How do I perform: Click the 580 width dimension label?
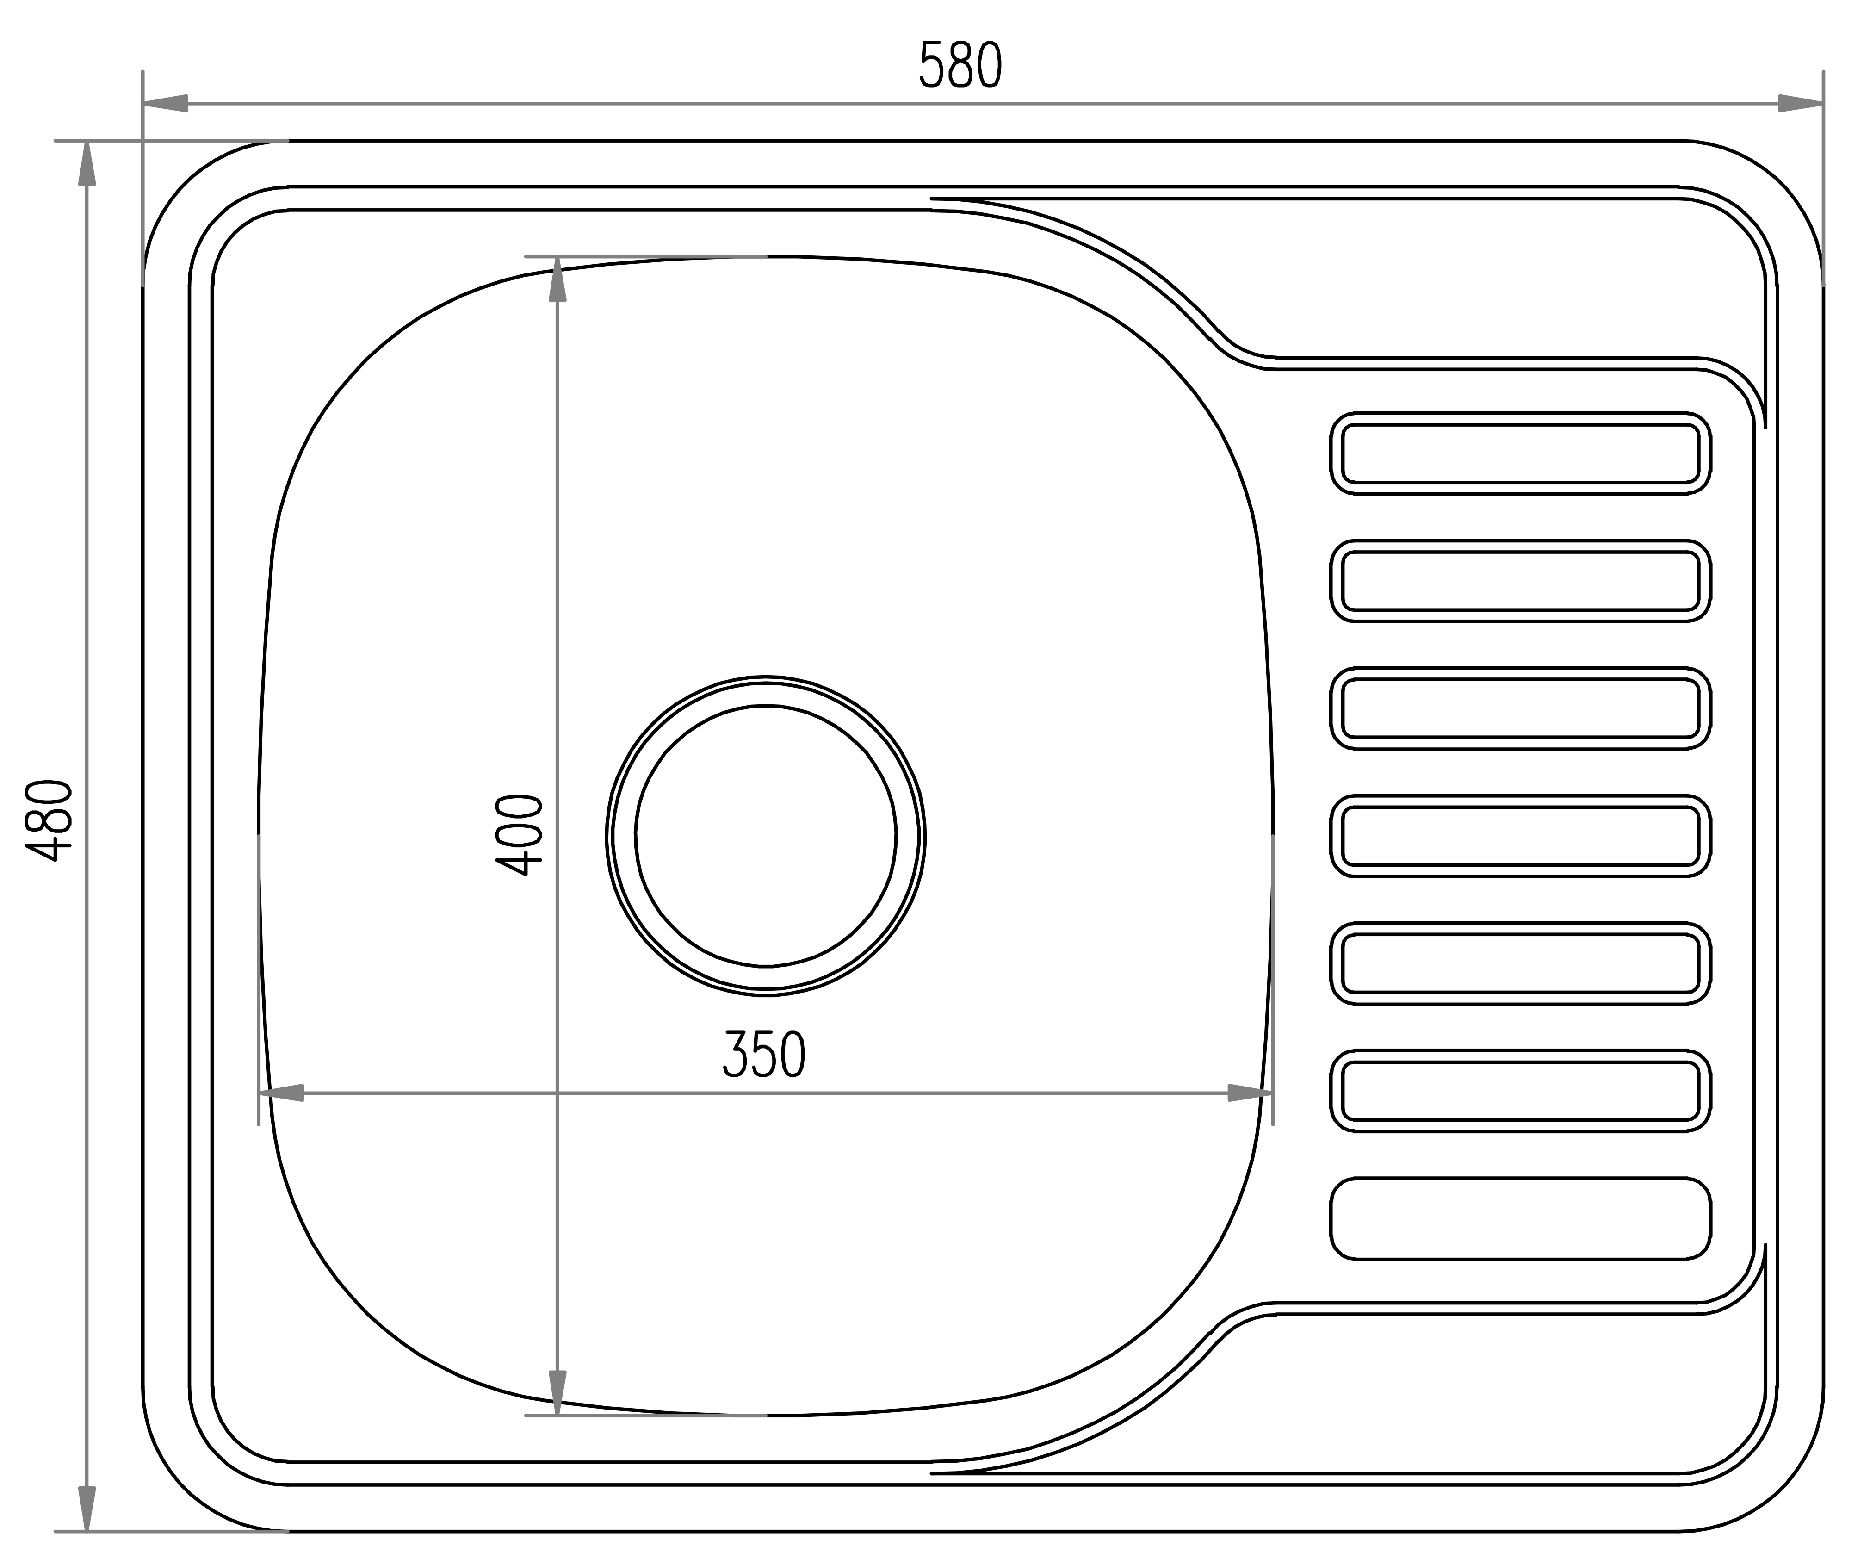[x=960, y=66]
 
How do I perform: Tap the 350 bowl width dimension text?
[x=764, y=1054]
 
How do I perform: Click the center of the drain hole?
[x=766, y=836]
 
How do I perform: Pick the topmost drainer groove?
[x=1520, y=453]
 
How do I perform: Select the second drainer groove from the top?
[x=1520, y=581]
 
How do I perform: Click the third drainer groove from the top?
[x=1520, y=708]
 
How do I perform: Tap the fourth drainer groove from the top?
[x=1520, y=836]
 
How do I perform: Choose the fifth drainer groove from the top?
[x=1520, y=963]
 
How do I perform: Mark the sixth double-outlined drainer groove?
[x=1520, y=1090]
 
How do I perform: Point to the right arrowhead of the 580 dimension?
[x=1801, y=103]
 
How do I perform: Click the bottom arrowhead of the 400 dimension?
[x=557, y=1392]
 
